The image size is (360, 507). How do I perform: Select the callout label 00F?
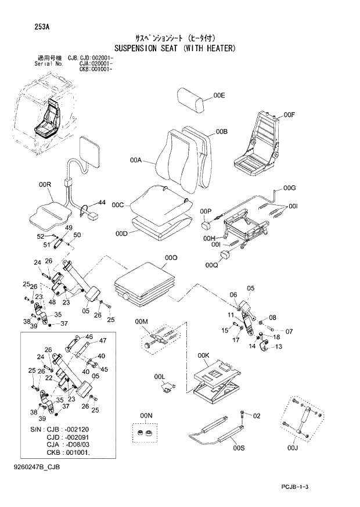point(290,115)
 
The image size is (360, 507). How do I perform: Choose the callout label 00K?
point(203,355)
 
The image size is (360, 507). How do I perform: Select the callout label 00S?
point(239,448)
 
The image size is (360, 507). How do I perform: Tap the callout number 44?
point(102,202)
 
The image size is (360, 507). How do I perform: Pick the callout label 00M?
point(142,322)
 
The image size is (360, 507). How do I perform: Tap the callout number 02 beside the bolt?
point(257,415)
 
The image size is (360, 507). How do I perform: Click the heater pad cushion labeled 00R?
point(49,213)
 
